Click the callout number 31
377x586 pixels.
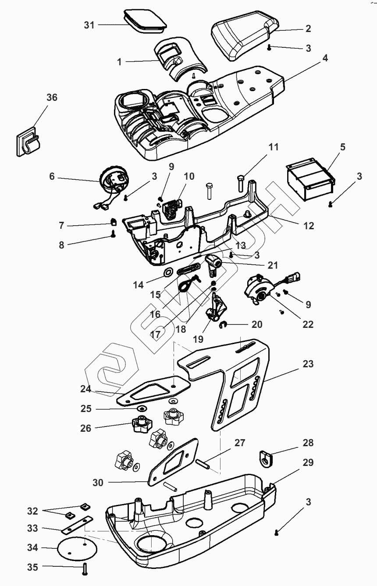click(x=89, y=25)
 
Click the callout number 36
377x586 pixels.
click(x=52, y=98)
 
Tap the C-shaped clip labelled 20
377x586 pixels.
click(x=222, y=324)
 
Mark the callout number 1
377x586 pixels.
click(x=119, y=62)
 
